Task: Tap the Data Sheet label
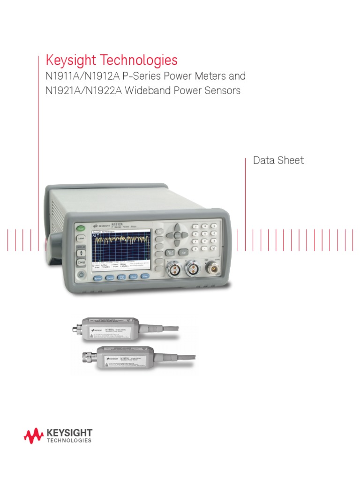278,160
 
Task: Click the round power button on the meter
81,275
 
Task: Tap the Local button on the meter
81,239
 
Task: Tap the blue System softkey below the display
98,278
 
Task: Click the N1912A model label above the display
117,225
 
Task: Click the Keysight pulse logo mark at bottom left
34,435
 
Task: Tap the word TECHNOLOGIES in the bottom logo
69,441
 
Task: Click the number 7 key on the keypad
195,226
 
